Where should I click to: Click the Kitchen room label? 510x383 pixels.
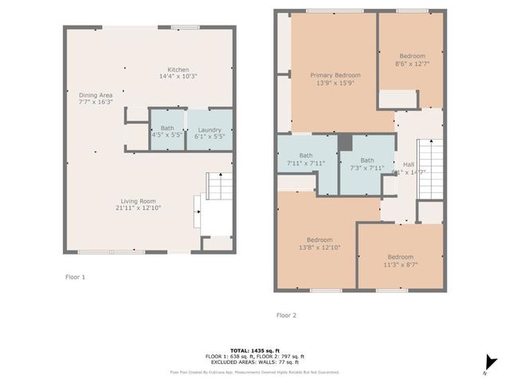178,69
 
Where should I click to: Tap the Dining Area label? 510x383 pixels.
96,96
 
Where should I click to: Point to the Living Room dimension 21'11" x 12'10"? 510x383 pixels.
140,207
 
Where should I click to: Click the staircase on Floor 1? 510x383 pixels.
217,188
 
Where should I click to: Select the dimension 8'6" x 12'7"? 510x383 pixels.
411,65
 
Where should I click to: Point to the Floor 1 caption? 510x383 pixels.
75,277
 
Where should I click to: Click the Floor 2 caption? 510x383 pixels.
286,315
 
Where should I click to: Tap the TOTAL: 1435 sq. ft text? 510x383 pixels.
254,350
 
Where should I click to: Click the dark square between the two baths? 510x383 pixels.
345,142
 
